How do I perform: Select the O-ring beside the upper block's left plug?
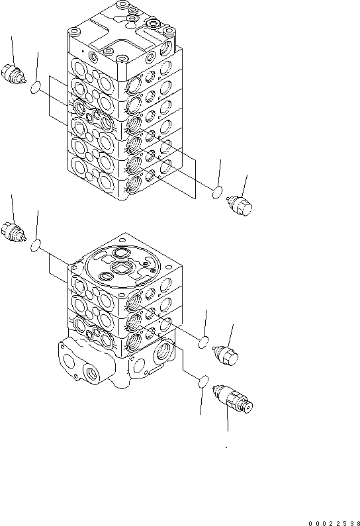tap(38, 86)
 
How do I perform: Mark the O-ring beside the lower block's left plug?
tap(38, 246)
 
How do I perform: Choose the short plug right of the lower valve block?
tap(227, 355)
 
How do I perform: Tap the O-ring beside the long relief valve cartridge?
tap(204, 382)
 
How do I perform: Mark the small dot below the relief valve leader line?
tap(226, 448)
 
